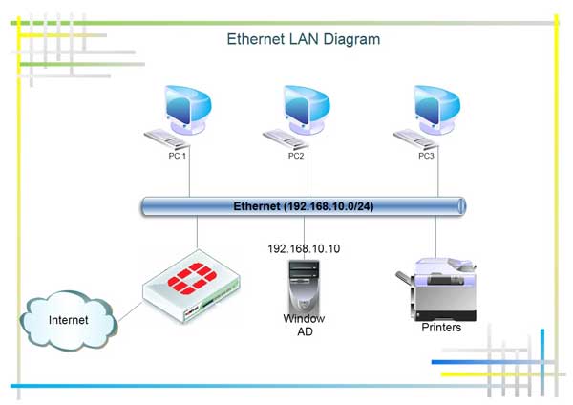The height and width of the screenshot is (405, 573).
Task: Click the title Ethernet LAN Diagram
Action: point(304,40)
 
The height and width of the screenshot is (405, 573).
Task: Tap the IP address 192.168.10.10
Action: point(304,249)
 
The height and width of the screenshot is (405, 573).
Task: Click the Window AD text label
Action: point(304,325)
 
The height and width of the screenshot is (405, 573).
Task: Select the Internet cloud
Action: point(69,320)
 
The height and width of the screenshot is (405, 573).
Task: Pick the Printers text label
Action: point(441,328)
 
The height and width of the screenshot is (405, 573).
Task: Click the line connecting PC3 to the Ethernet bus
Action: point(436,179)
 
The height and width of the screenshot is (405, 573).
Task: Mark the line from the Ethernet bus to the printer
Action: point(436,237)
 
